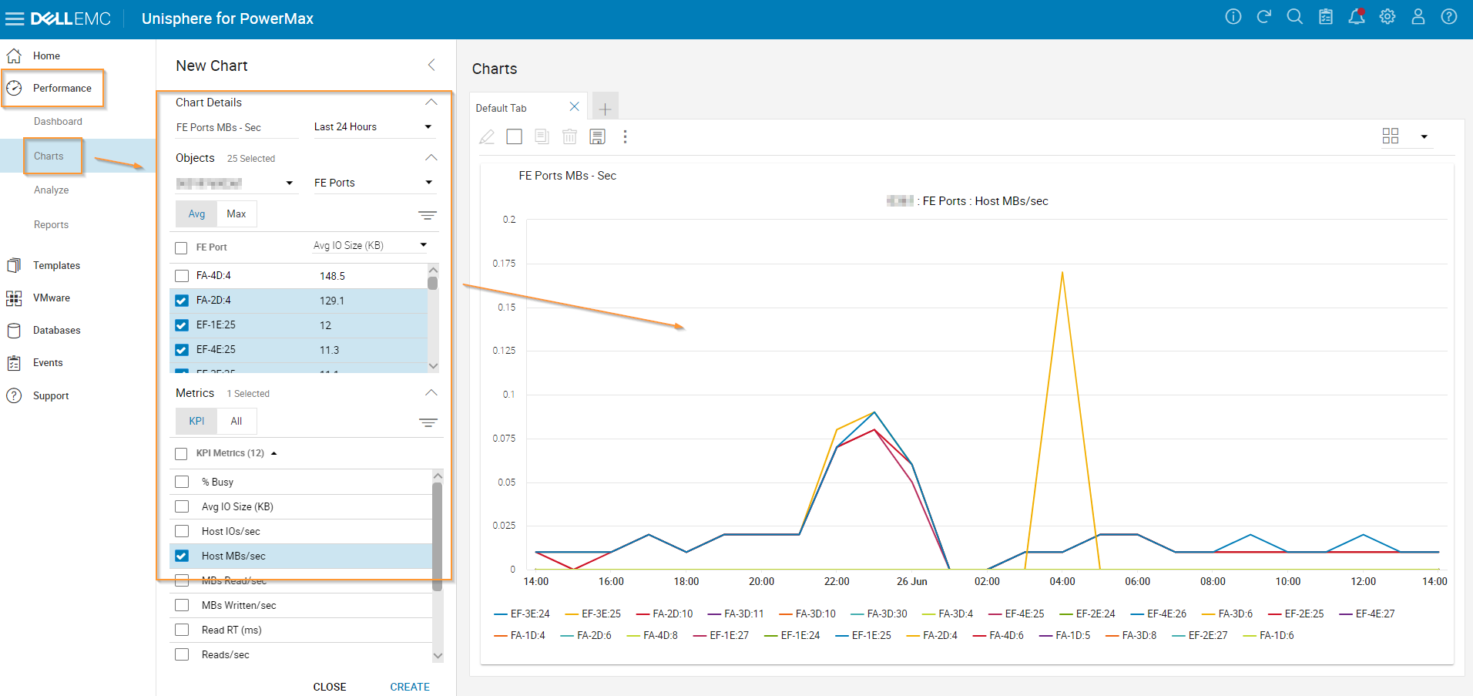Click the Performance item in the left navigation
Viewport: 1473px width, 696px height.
click(x=62, y=89)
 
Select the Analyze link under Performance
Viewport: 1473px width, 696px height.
click(x=51, y=190)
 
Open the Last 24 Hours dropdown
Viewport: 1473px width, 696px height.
click(x=373, y=127)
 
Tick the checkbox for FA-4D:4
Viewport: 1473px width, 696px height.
click(x=182, y=276)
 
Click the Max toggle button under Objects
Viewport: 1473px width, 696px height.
click(x=236, y=214)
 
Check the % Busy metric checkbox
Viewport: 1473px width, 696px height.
click(x=182, y=482)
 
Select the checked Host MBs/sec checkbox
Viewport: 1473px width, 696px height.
click(x=182, y=556)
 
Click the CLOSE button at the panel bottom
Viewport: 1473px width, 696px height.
click(x=329, y=687)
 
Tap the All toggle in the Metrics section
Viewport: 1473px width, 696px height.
click(x=236, y=422)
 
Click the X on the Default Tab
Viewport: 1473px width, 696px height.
click(x=574, y=107)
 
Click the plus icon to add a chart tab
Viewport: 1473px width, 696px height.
click(x=605, y=109)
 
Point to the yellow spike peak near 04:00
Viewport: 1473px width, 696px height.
click(x=1062, y=272)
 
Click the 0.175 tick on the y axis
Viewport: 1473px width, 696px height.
click(x=504, y=264)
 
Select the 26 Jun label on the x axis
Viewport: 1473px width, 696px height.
click(x=911, y=581)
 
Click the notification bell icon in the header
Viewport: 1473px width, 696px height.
click(x=1356, y=17)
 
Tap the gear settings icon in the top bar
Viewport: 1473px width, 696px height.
click(x=1387, y=17)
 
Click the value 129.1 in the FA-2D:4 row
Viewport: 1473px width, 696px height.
click(x=332, y=301)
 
